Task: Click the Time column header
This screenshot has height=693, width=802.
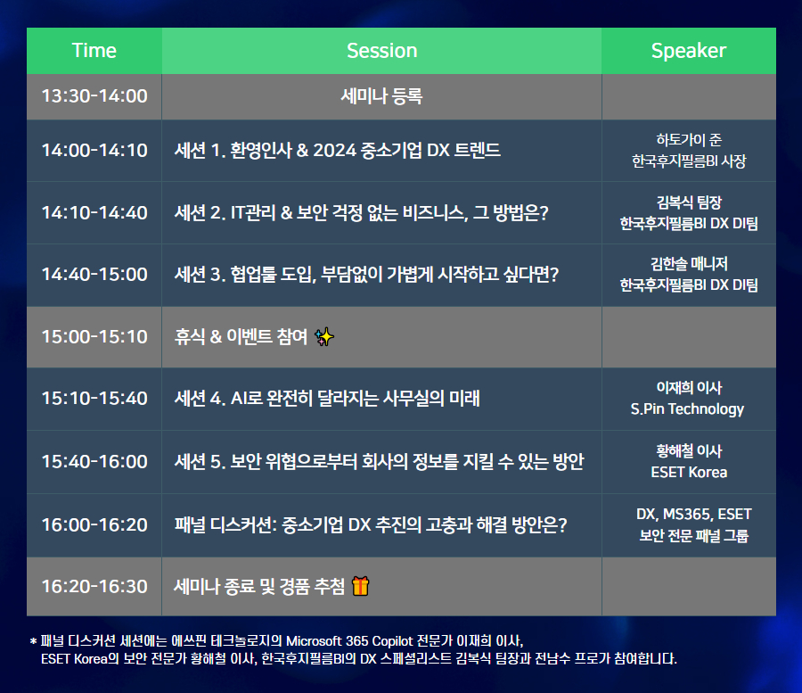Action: click(94, 51)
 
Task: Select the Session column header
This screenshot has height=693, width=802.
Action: click(382, 51)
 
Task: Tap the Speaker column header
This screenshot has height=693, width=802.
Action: click(689, 51)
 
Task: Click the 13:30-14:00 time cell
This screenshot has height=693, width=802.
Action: click(94, 96)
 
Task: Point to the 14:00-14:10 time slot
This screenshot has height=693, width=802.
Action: click(94, 151)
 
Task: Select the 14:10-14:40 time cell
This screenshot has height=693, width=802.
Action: click(94, 212)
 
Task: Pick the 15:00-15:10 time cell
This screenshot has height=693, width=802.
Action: click(94, 337)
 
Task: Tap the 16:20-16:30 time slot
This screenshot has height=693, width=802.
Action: click(94, 587)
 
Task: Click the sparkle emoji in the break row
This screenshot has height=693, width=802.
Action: click(324, 337)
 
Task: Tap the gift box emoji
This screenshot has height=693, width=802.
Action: click(361, 586)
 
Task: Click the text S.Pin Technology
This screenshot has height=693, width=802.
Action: click(687, 409)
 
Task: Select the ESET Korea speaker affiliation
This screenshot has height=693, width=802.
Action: click(689, 472)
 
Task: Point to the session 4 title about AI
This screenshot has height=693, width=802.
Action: click(327, 398)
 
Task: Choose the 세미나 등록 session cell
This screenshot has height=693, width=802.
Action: click(381, 96)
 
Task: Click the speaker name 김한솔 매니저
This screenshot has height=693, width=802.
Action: click(689, 264)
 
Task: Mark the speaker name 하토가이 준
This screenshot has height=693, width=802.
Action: click(689, 140)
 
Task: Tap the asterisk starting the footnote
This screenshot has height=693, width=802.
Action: click(33, 640)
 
